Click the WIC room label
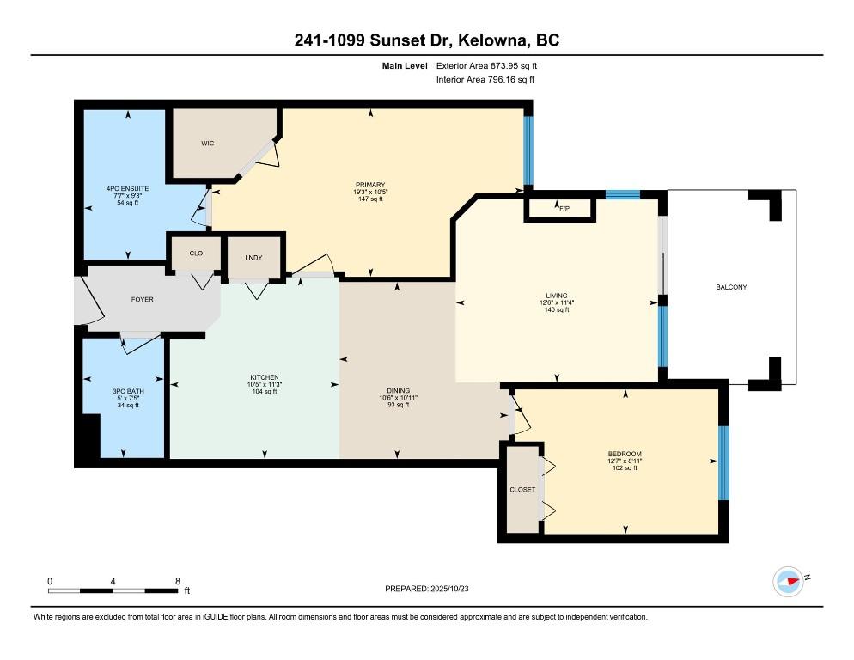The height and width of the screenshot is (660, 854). click(208, 144)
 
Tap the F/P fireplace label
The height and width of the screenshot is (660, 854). click(564, 208)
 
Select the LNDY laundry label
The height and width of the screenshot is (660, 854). click(253, 258)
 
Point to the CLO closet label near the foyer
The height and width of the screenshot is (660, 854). click(196, 254)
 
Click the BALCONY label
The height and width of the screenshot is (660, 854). click(731, 287)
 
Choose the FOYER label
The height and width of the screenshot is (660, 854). click(142, 299)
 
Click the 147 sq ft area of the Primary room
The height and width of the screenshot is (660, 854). click(370, 199)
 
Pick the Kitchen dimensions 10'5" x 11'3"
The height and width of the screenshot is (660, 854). click(264, 384)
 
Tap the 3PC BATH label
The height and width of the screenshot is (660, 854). click(128, 391)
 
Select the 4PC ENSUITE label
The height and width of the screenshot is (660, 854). click(127, 188)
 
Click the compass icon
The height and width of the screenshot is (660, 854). click(788, 582)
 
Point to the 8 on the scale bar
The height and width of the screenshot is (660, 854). click(178, 582)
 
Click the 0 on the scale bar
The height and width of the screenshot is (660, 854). click(50, 582)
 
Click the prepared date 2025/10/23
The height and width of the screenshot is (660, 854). click(449, 589)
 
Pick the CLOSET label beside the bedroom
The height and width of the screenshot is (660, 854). click(522, 490)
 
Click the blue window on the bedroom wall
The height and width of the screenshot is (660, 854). click(723, 463)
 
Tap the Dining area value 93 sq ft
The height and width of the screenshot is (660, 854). click(398, 405)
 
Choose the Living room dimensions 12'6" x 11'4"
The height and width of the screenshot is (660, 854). click(557, 302)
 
